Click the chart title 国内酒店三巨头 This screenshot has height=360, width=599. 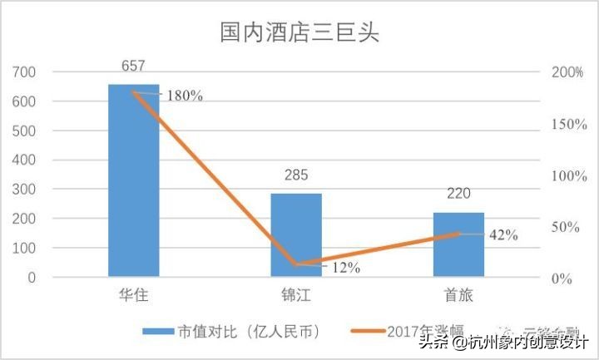click(x=299, y=33)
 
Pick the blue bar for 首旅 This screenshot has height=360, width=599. click(x=458, y=244)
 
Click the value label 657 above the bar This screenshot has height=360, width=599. click(x=134, y=66)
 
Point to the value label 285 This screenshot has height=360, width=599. click(x=296, y=175)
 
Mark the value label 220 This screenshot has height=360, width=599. click(x=458, y=195)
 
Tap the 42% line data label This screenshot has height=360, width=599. click(x=502, y=235)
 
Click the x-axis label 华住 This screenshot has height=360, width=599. click(x=134, y=295)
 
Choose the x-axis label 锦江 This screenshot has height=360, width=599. click(x=296, y=295)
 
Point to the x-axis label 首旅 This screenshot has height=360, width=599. click(x=458, y=295)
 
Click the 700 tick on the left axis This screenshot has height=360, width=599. click(x=26, y=72)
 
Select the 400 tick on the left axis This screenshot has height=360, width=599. click(x=26, y=160)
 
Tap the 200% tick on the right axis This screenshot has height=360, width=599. click(x=567, y=72)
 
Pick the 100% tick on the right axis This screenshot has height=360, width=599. click(x=567, y=176)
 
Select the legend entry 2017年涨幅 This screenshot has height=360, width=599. click(x=424, y=331)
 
